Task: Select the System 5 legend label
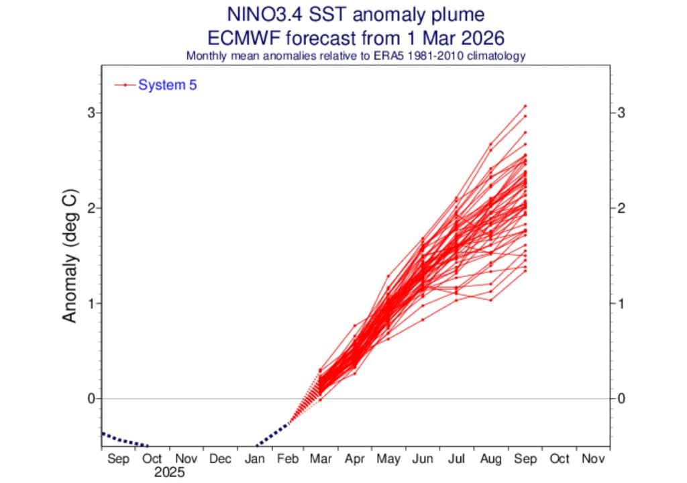pos(167,85)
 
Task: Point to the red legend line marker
pos(125,85)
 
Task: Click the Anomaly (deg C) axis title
pos(70,256)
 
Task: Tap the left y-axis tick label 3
pos(89,113)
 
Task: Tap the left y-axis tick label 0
pos(89,398)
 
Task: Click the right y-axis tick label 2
pos(621,208)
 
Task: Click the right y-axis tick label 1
pos(621,303)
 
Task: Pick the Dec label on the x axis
pos(220,459)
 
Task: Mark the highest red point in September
pos(525,106)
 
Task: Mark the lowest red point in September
pos(525,271)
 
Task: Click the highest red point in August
pos(491,144)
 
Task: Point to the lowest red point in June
pos(423,319)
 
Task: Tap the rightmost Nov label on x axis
pos(593,459)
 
